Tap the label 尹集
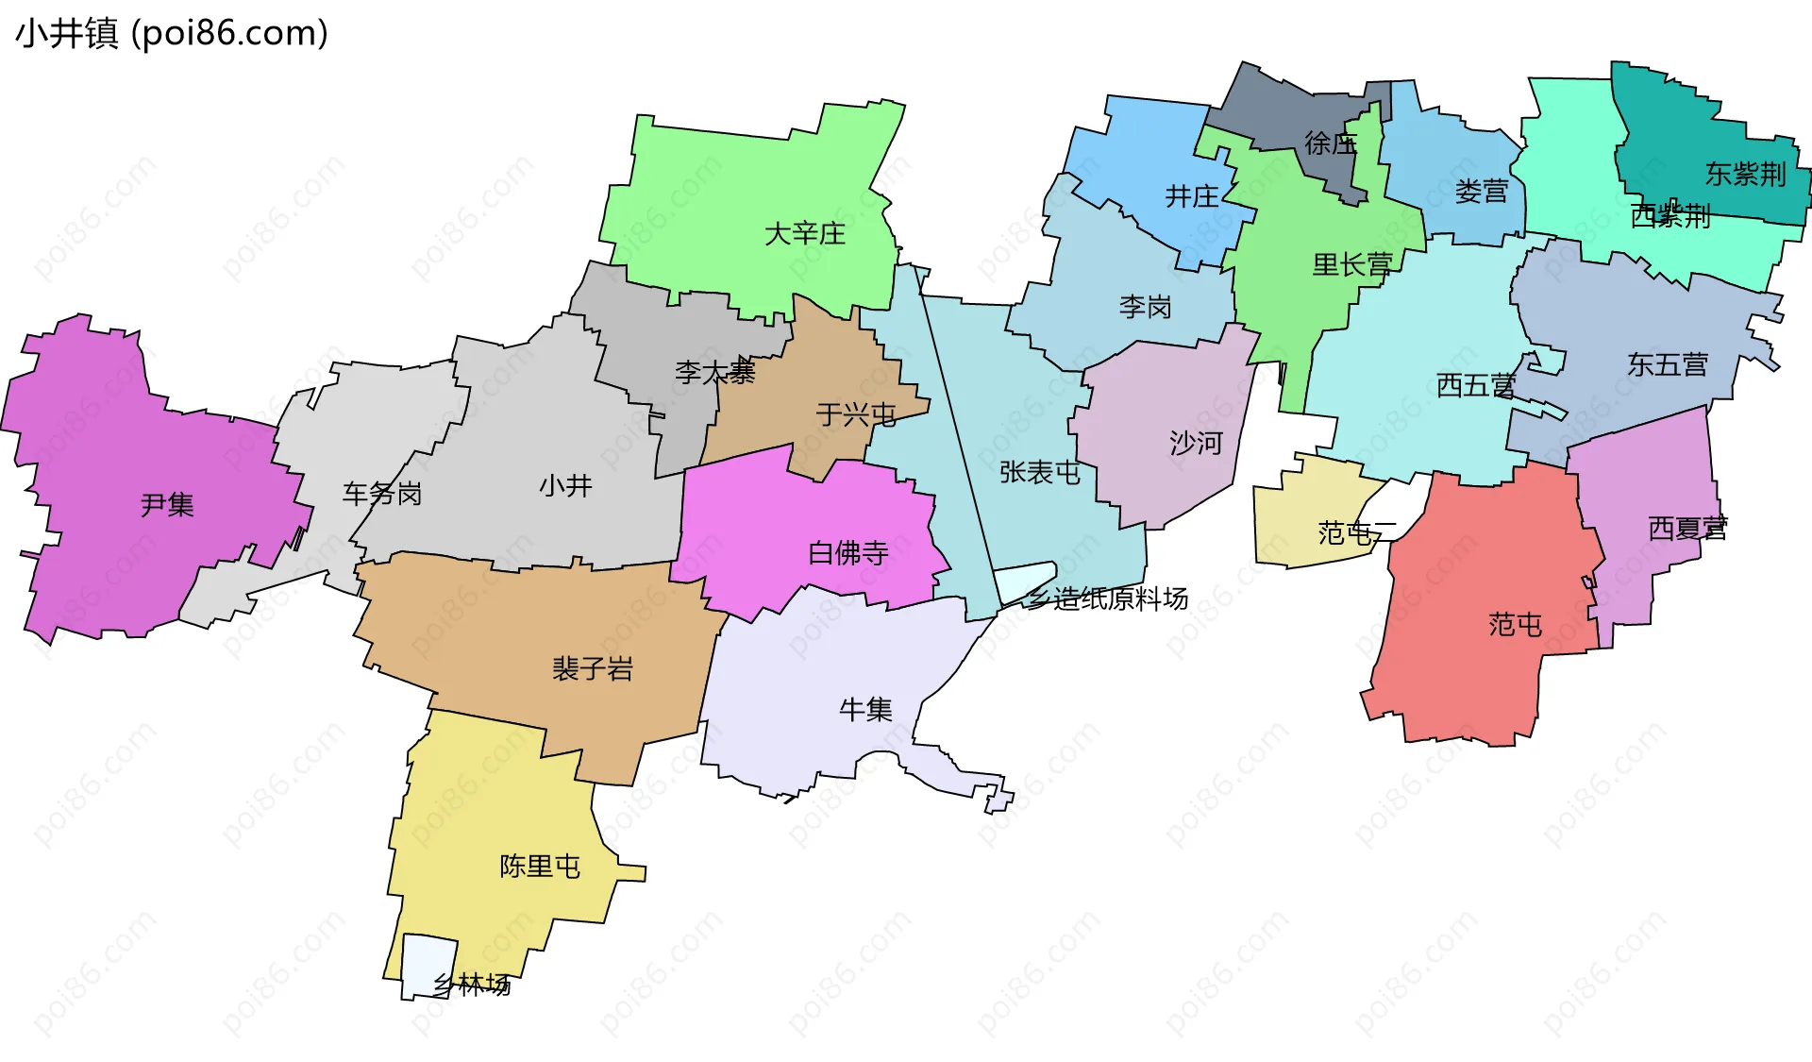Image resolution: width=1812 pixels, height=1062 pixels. [x=167, y=505]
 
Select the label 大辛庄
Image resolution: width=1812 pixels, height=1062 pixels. [x=804, y=233]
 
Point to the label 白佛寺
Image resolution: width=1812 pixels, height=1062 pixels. [x=847, y=552]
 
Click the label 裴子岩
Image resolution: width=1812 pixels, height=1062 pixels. [x=592, y=668]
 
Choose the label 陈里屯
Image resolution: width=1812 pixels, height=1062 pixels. [x=539, y=866]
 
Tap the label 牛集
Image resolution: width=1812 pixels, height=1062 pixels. [x=865, y=709]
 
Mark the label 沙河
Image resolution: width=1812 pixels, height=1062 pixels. [x=1195, y=443]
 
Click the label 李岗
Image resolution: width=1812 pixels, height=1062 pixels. [x=1145, y=307]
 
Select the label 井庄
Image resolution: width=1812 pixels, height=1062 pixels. [x=1192, y=196]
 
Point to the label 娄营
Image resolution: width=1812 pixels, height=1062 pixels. [x=1481, y=192]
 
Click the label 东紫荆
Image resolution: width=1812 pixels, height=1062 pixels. [x=1745, y=174]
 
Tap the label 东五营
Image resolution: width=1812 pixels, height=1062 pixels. [x=1667, y=364]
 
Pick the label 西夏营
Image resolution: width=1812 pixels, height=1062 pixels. [x=1686, y=529]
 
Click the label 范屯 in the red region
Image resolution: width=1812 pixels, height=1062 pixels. [x=1515, y=624]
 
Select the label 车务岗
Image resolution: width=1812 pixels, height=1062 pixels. [x=381, y=493]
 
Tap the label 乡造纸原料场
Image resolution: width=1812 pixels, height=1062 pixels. [x=1107, y=598]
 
